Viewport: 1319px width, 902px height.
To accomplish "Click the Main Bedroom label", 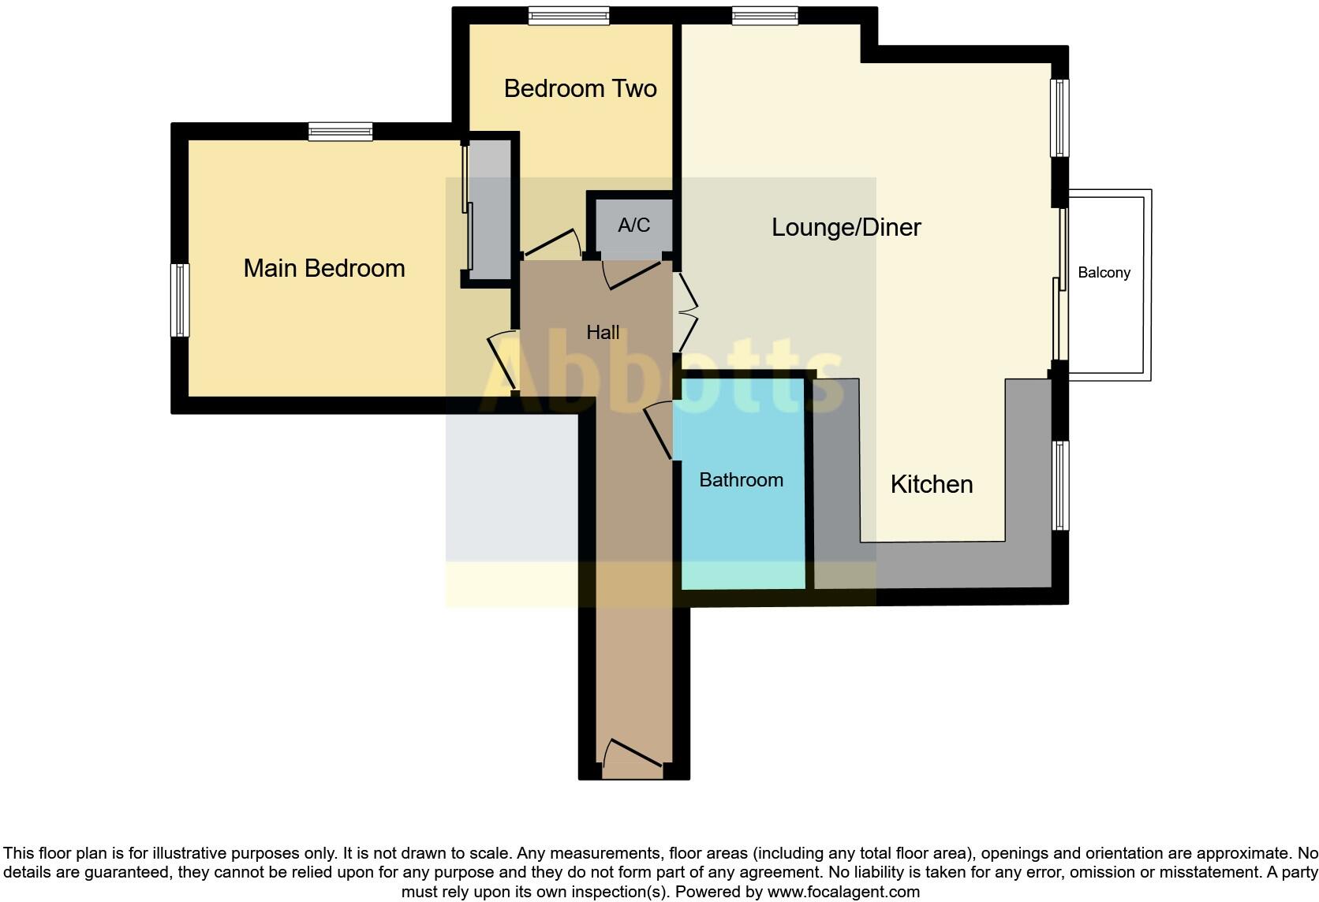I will (x=323, y=268).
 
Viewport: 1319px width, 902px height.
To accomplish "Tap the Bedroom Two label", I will (x=580, y=88).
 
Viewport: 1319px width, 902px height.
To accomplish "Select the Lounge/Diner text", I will (x=846, y=227).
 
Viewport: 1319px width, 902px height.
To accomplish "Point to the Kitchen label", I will (x=931, y=484).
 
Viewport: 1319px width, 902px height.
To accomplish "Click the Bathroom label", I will (x=741, y=479).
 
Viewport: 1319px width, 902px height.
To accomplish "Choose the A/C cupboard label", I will (x=633, y=225).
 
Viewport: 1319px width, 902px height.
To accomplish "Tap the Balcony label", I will (x=1104, y=273).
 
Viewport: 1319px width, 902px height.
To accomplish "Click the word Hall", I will (x=603, y=333).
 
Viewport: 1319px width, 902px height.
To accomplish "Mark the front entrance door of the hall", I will (x=632, y=754).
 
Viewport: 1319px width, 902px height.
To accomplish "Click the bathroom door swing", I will (x=657, y=430).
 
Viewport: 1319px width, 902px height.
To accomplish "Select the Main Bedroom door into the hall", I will (x=503, y=362).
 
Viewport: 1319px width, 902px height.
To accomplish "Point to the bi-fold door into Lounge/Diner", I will (x=686, y=312).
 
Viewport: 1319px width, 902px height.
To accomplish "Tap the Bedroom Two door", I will (x=552, y=244).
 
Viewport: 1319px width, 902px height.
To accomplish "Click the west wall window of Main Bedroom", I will (x=180, y=300).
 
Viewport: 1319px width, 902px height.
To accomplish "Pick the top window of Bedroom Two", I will (x=569, y=16).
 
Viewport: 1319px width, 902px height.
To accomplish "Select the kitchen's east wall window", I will (x=1061, y=485).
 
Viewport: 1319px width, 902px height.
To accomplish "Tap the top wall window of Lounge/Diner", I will (x=764, y=16).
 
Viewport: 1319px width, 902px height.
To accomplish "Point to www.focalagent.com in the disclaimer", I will (x=843, y=893).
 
